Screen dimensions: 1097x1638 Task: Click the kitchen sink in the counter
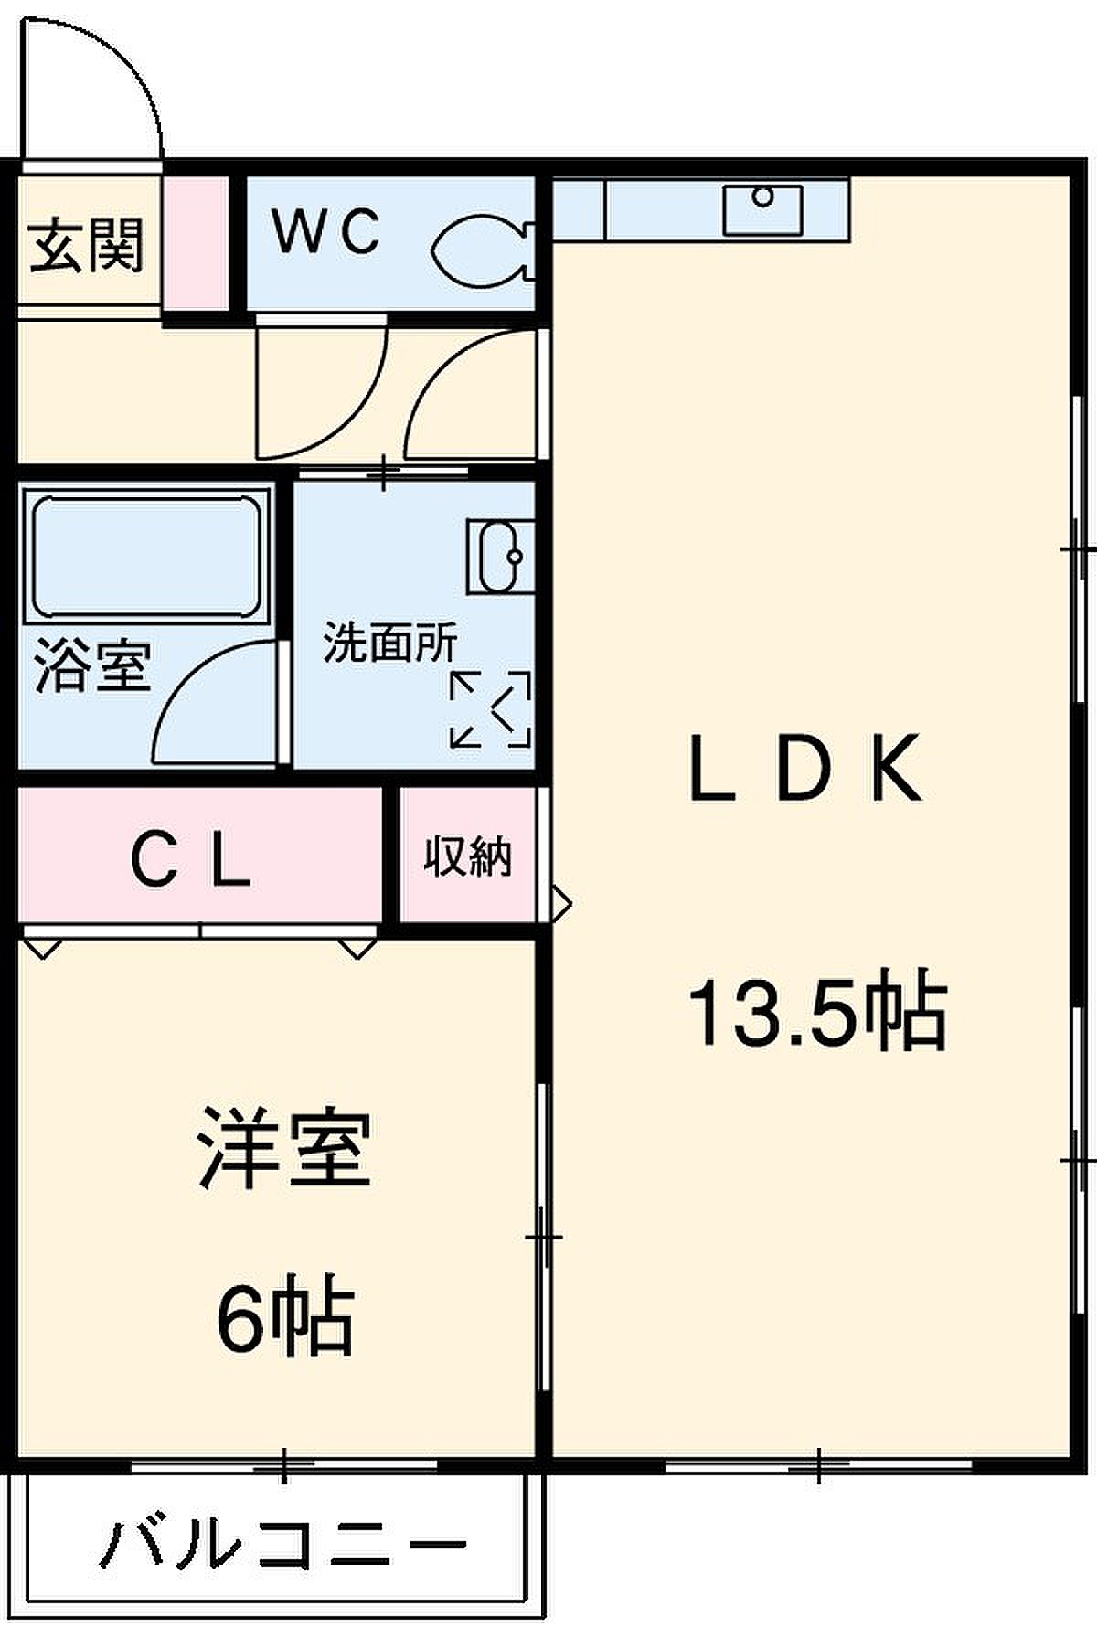coord(762,209)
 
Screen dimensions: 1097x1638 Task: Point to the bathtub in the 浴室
coord(147,557)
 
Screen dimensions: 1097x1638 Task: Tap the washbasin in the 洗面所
coord(500,556)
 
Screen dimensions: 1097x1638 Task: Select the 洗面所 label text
coord(390,643)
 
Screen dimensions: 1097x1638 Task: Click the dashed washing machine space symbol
coord(491,709)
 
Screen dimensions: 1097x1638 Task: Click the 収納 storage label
coord(467,856)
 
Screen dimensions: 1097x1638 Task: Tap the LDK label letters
coord(804,769)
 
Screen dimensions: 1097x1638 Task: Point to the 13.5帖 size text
coord(817,1013)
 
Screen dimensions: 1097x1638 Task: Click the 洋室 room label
coord(285,1148)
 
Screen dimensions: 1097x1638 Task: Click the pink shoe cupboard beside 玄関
coord(196,243)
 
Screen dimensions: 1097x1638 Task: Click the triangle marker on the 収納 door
coord(559,904)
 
